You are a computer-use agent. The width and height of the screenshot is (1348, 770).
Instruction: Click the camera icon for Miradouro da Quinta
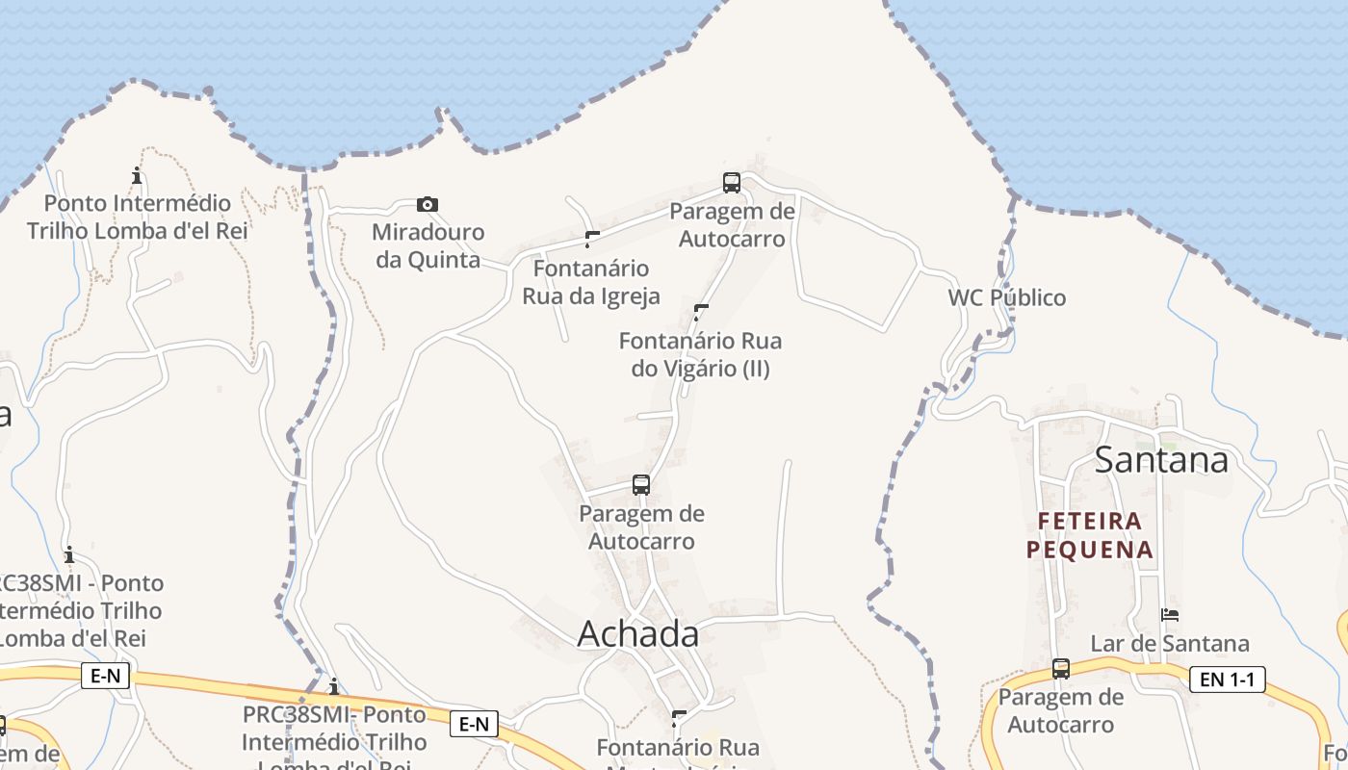(428, 204)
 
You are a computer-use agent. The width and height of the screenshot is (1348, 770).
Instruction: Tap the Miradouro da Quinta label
(428, 245)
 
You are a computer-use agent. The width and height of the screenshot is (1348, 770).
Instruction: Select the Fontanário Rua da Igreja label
(591, 281)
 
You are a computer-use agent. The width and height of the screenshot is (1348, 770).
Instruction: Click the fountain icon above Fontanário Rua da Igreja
(592, 239)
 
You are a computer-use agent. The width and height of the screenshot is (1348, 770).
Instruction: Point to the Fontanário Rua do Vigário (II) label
(700, 354)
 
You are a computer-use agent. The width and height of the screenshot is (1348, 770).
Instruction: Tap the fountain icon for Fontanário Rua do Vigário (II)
(701, 311)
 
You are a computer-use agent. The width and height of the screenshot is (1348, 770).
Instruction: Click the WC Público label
(1007, 297)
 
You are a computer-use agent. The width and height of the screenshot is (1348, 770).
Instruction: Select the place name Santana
(1161, 460)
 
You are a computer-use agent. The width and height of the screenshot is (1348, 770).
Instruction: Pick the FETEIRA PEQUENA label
(1089, 535)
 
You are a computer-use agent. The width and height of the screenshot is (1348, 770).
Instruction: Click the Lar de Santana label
(1169, 643)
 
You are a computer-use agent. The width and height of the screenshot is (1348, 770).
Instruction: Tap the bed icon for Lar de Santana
(1170, 614)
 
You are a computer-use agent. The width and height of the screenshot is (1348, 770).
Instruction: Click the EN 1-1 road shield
(1227, 680)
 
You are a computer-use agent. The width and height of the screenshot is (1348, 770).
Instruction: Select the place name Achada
(638, 633)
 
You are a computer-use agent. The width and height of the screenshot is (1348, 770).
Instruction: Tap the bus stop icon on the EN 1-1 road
(1060, 668)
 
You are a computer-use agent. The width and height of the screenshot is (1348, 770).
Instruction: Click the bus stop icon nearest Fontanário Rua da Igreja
(732, 182)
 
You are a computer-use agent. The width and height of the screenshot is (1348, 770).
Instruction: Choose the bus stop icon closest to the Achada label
(641, 484)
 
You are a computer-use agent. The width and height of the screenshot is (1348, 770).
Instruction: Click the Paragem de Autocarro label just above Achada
(641, 526)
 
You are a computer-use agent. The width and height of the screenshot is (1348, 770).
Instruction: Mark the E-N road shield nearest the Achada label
(474, 724)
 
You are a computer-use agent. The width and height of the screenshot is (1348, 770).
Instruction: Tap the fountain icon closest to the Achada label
(679, 718)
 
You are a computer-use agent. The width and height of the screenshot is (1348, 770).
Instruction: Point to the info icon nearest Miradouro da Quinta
(137, 175)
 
